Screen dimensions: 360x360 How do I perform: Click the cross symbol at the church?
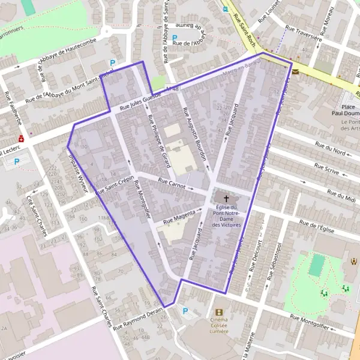tap(227, 198)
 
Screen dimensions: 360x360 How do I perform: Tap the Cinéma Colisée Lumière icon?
tap(218, 312)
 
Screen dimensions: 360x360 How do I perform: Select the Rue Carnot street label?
tap(172, 182)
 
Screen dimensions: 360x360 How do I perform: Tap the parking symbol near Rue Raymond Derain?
tap(185, 311)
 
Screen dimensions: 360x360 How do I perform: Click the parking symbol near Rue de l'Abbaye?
tap(175, 37)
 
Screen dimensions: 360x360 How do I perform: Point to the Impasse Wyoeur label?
tap(79, 170)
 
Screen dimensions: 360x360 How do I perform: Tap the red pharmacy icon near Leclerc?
tap(22, 139)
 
